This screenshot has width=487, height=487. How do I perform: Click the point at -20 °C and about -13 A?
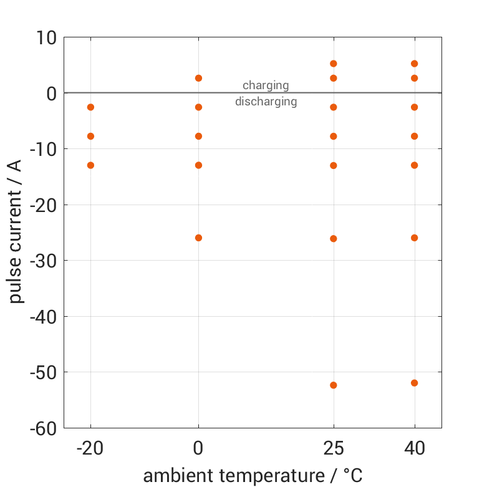90,165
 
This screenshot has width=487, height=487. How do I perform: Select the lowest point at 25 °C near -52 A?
334,385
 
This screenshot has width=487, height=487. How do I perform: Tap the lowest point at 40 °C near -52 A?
415,383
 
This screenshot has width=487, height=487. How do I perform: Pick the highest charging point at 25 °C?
334,64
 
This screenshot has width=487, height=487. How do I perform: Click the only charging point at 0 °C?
199,78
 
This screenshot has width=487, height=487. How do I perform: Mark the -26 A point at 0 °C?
199,238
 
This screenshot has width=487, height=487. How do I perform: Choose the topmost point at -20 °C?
90,107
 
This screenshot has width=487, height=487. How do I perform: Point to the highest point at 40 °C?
415,64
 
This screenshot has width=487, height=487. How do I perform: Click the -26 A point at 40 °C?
415,238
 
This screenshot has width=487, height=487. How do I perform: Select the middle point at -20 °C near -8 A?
90,136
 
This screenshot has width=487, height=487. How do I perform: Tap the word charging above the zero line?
266,85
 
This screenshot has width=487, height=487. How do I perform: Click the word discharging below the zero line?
266,102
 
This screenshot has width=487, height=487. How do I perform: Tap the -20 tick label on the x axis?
90,448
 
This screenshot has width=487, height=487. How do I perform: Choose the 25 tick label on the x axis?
334,448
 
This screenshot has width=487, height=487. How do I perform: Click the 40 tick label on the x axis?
415,448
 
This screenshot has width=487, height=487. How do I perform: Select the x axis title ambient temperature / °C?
253,476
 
